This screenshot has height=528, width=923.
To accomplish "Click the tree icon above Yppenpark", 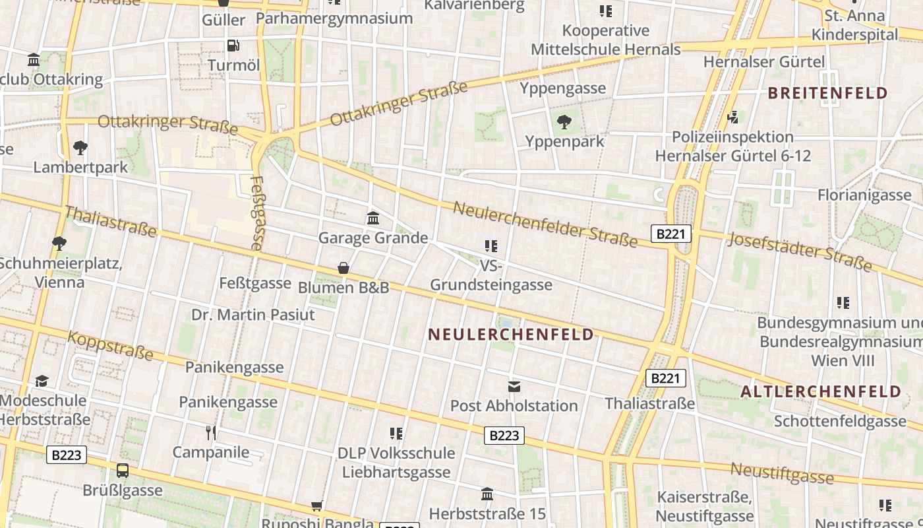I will (564, 121).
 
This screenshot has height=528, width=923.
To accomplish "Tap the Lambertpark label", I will (80, 167).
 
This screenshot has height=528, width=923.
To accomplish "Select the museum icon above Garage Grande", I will (373, 218).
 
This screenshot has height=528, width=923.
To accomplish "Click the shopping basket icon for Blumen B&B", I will (343, 268).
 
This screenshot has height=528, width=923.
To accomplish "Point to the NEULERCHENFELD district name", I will (511, 335).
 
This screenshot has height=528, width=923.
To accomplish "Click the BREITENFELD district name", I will (828, 93).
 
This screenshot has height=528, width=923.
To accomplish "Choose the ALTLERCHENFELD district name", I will (820, 392).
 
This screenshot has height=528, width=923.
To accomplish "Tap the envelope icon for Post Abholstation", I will (514, 386).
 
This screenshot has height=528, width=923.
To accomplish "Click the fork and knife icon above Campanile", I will (211, 433).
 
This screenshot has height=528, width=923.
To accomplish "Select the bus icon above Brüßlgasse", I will (123, 471).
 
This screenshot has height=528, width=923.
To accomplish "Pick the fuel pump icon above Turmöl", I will (233, 46).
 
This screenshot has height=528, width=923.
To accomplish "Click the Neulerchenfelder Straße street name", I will (545, 224).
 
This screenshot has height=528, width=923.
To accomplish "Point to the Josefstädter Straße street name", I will (800, 251).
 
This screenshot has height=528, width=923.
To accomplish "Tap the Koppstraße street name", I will (110, 345).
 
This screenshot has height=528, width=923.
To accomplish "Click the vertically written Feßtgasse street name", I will (258, 213).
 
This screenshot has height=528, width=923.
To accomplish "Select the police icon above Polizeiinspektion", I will (732, 117).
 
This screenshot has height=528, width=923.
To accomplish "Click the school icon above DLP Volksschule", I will (396, 434).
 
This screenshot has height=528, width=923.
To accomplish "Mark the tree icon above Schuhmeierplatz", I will (59, 244).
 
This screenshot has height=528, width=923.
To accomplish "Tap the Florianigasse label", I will (864, 195).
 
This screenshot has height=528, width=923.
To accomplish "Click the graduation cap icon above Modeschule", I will (42, 381).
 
